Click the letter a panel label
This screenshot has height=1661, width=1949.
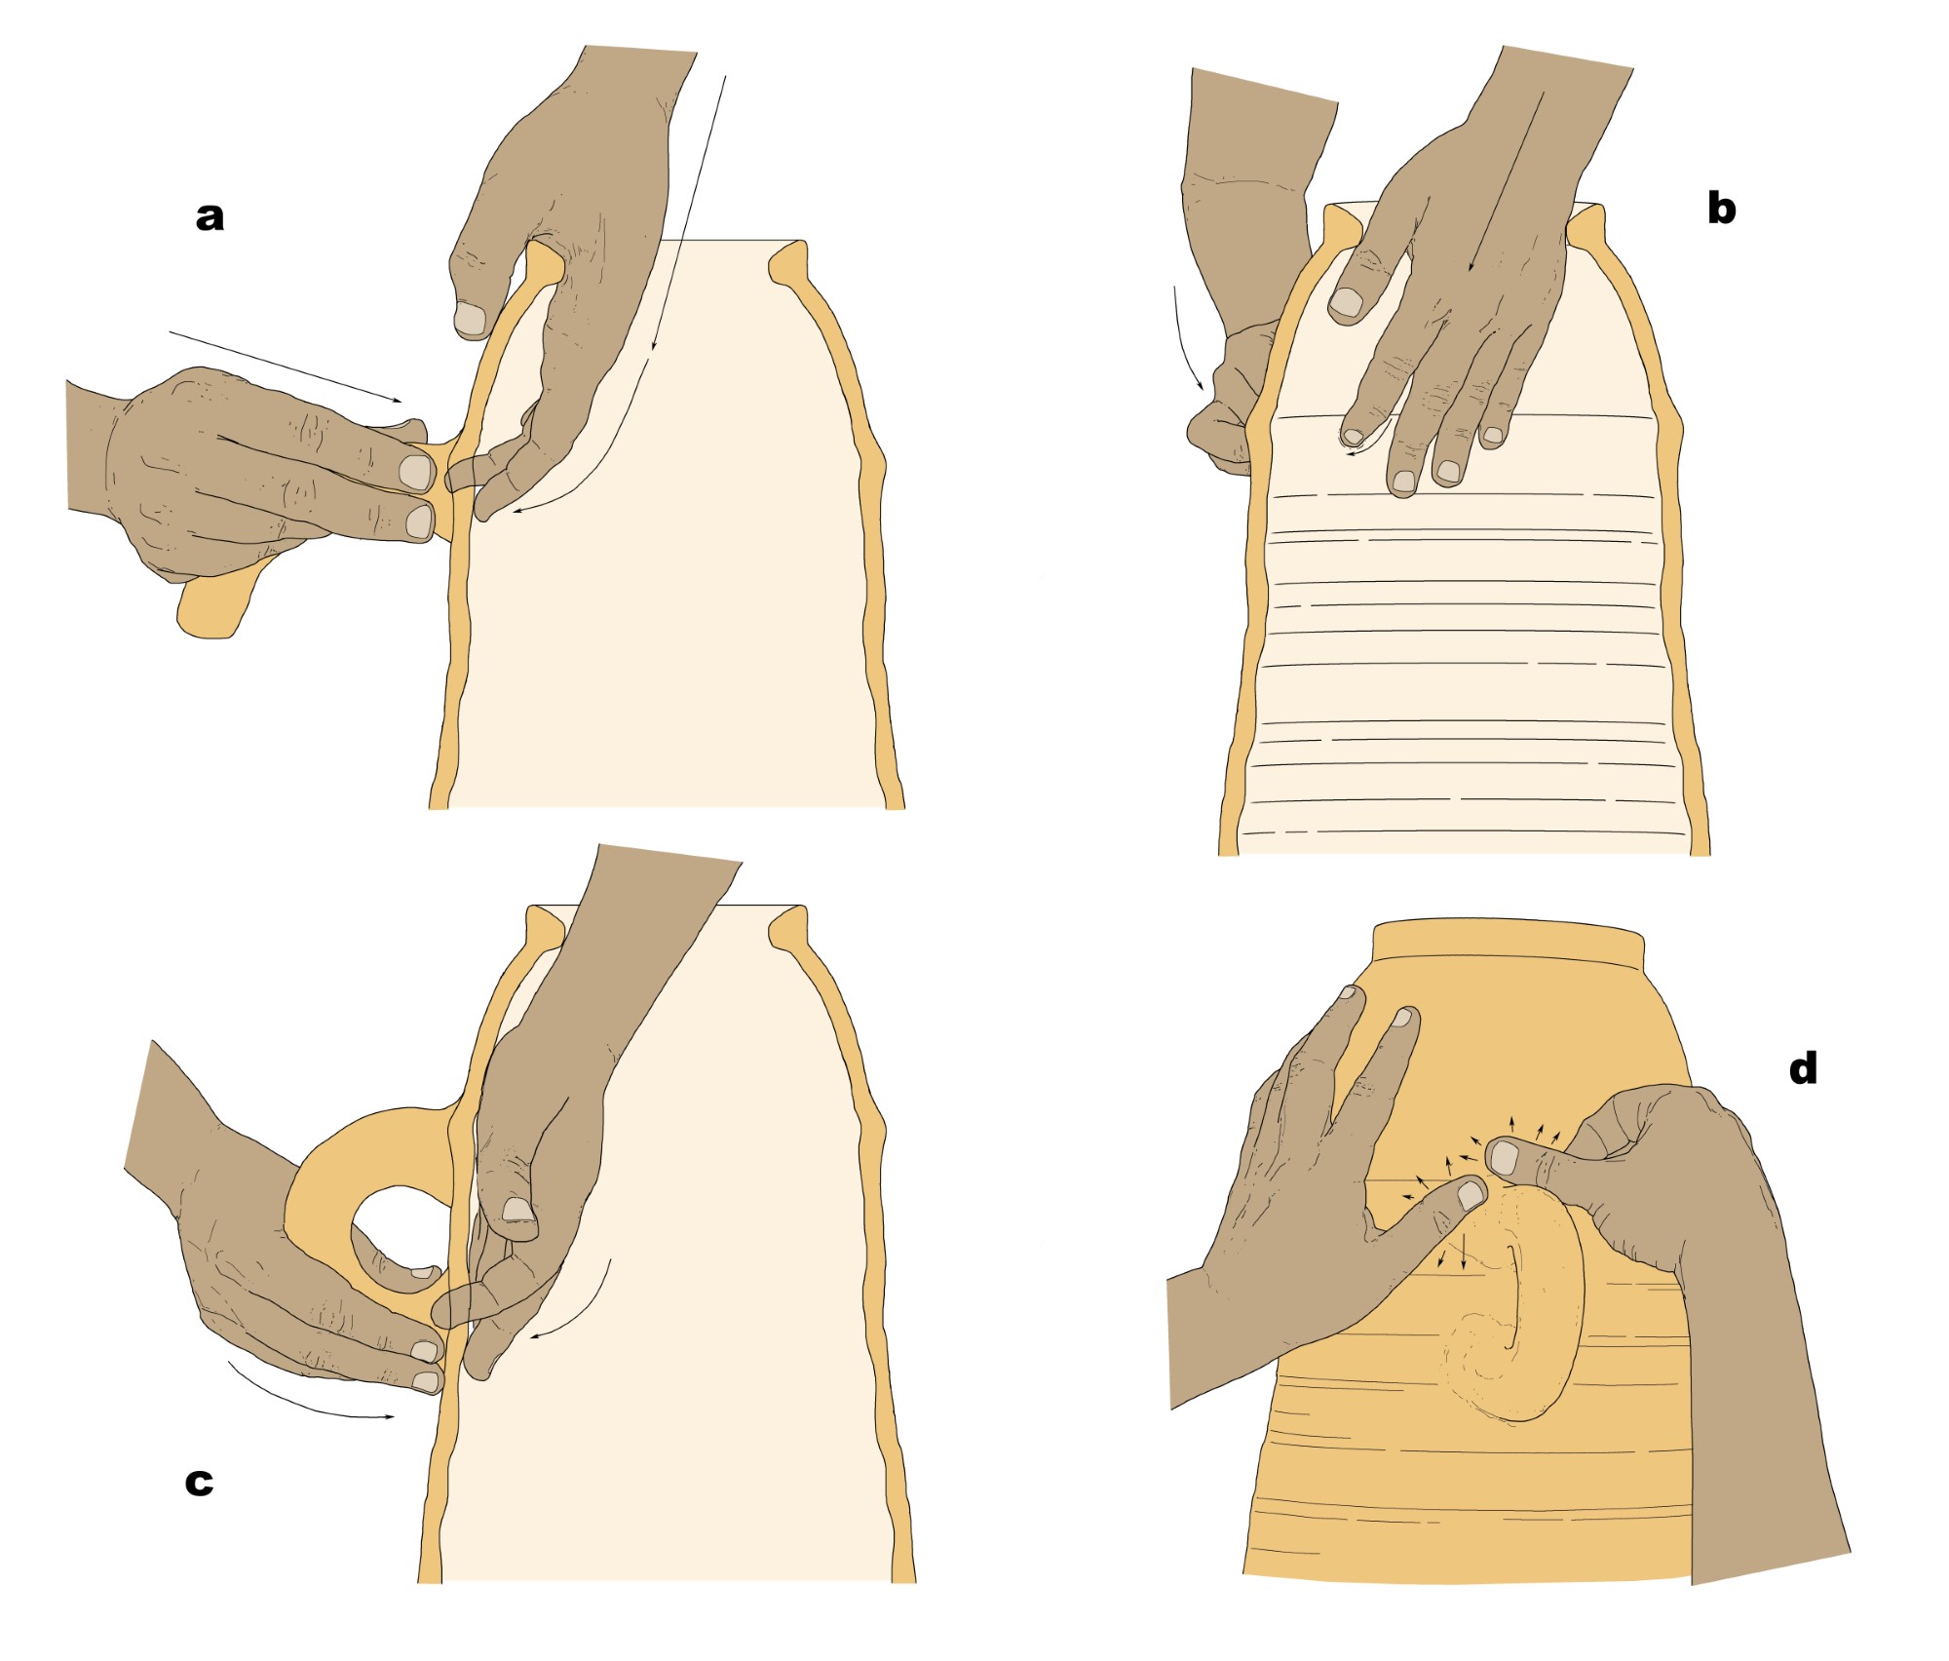(210, 217)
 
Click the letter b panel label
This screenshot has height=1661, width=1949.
(1721, 207)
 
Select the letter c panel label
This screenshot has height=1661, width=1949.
(199, 1483)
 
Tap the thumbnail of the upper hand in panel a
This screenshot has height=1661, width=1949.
(471, 318)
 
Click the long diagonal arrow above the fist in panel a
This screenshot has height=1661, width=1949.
(285, 367)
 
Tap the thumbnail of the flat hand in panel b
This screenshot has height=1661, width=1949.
(1348, 303)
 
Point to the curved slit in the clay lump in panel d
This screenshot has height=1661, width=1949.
(1513, 1296)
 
